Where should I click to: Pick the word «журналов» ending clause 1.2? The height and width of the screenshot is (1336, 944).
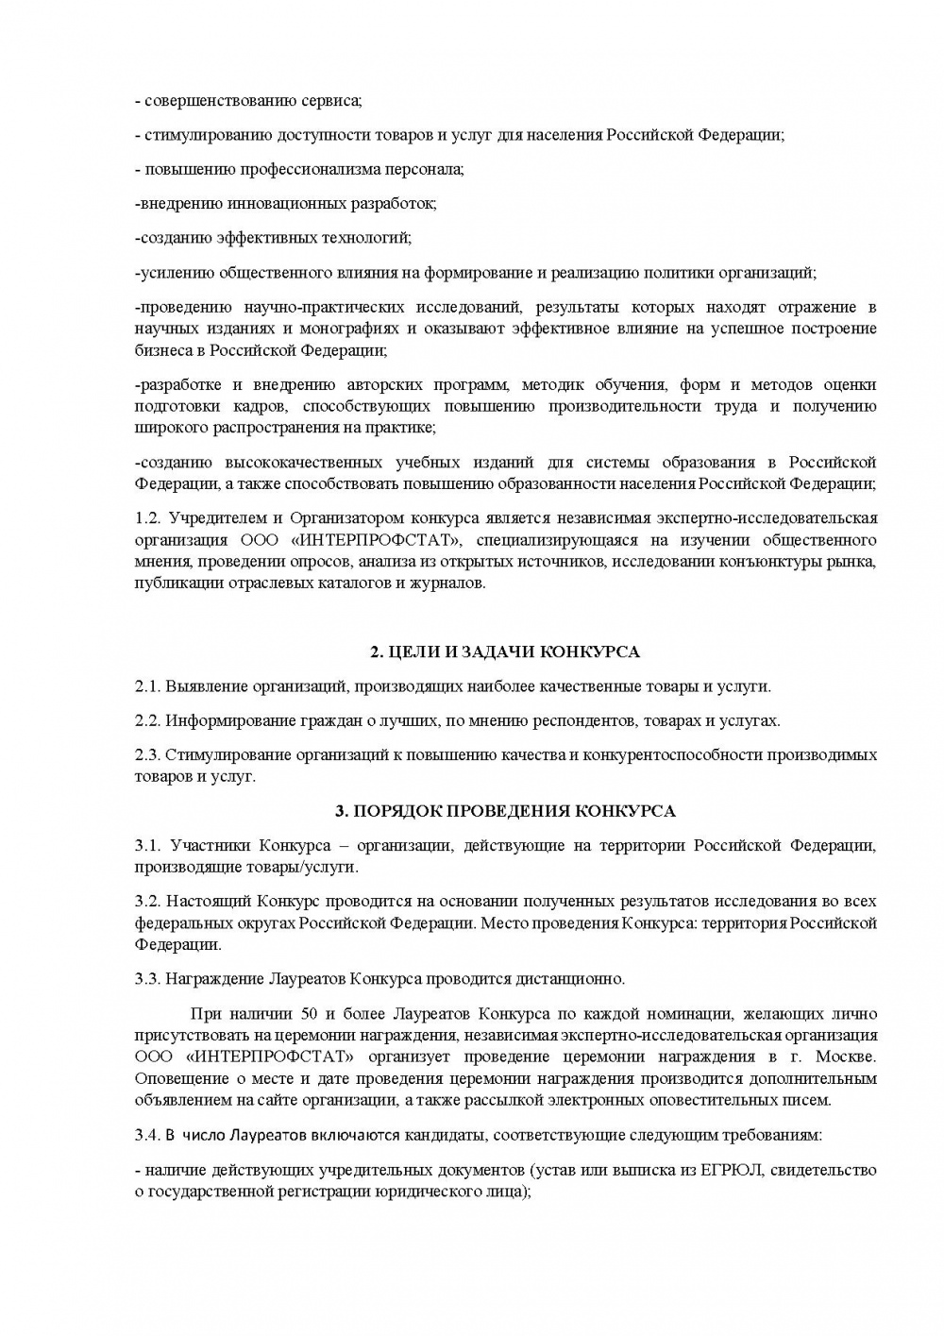coord(451,583)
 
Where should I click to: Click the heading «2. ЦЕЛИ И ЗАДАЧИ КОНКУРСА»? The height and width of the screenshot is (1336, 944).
coord(504,652)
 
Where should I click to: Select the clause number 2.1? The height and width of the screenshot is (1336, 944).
coord(148,686)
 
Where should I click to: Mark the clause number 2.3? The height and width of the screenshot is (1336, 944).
coord(148,755)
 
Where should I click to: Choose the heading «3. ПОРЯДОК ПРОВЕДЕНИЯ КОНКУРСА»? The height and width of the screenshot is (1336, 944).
coord(505,811)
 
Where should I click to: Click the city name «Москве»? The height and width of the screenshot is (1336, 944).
coord(846,1057)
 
